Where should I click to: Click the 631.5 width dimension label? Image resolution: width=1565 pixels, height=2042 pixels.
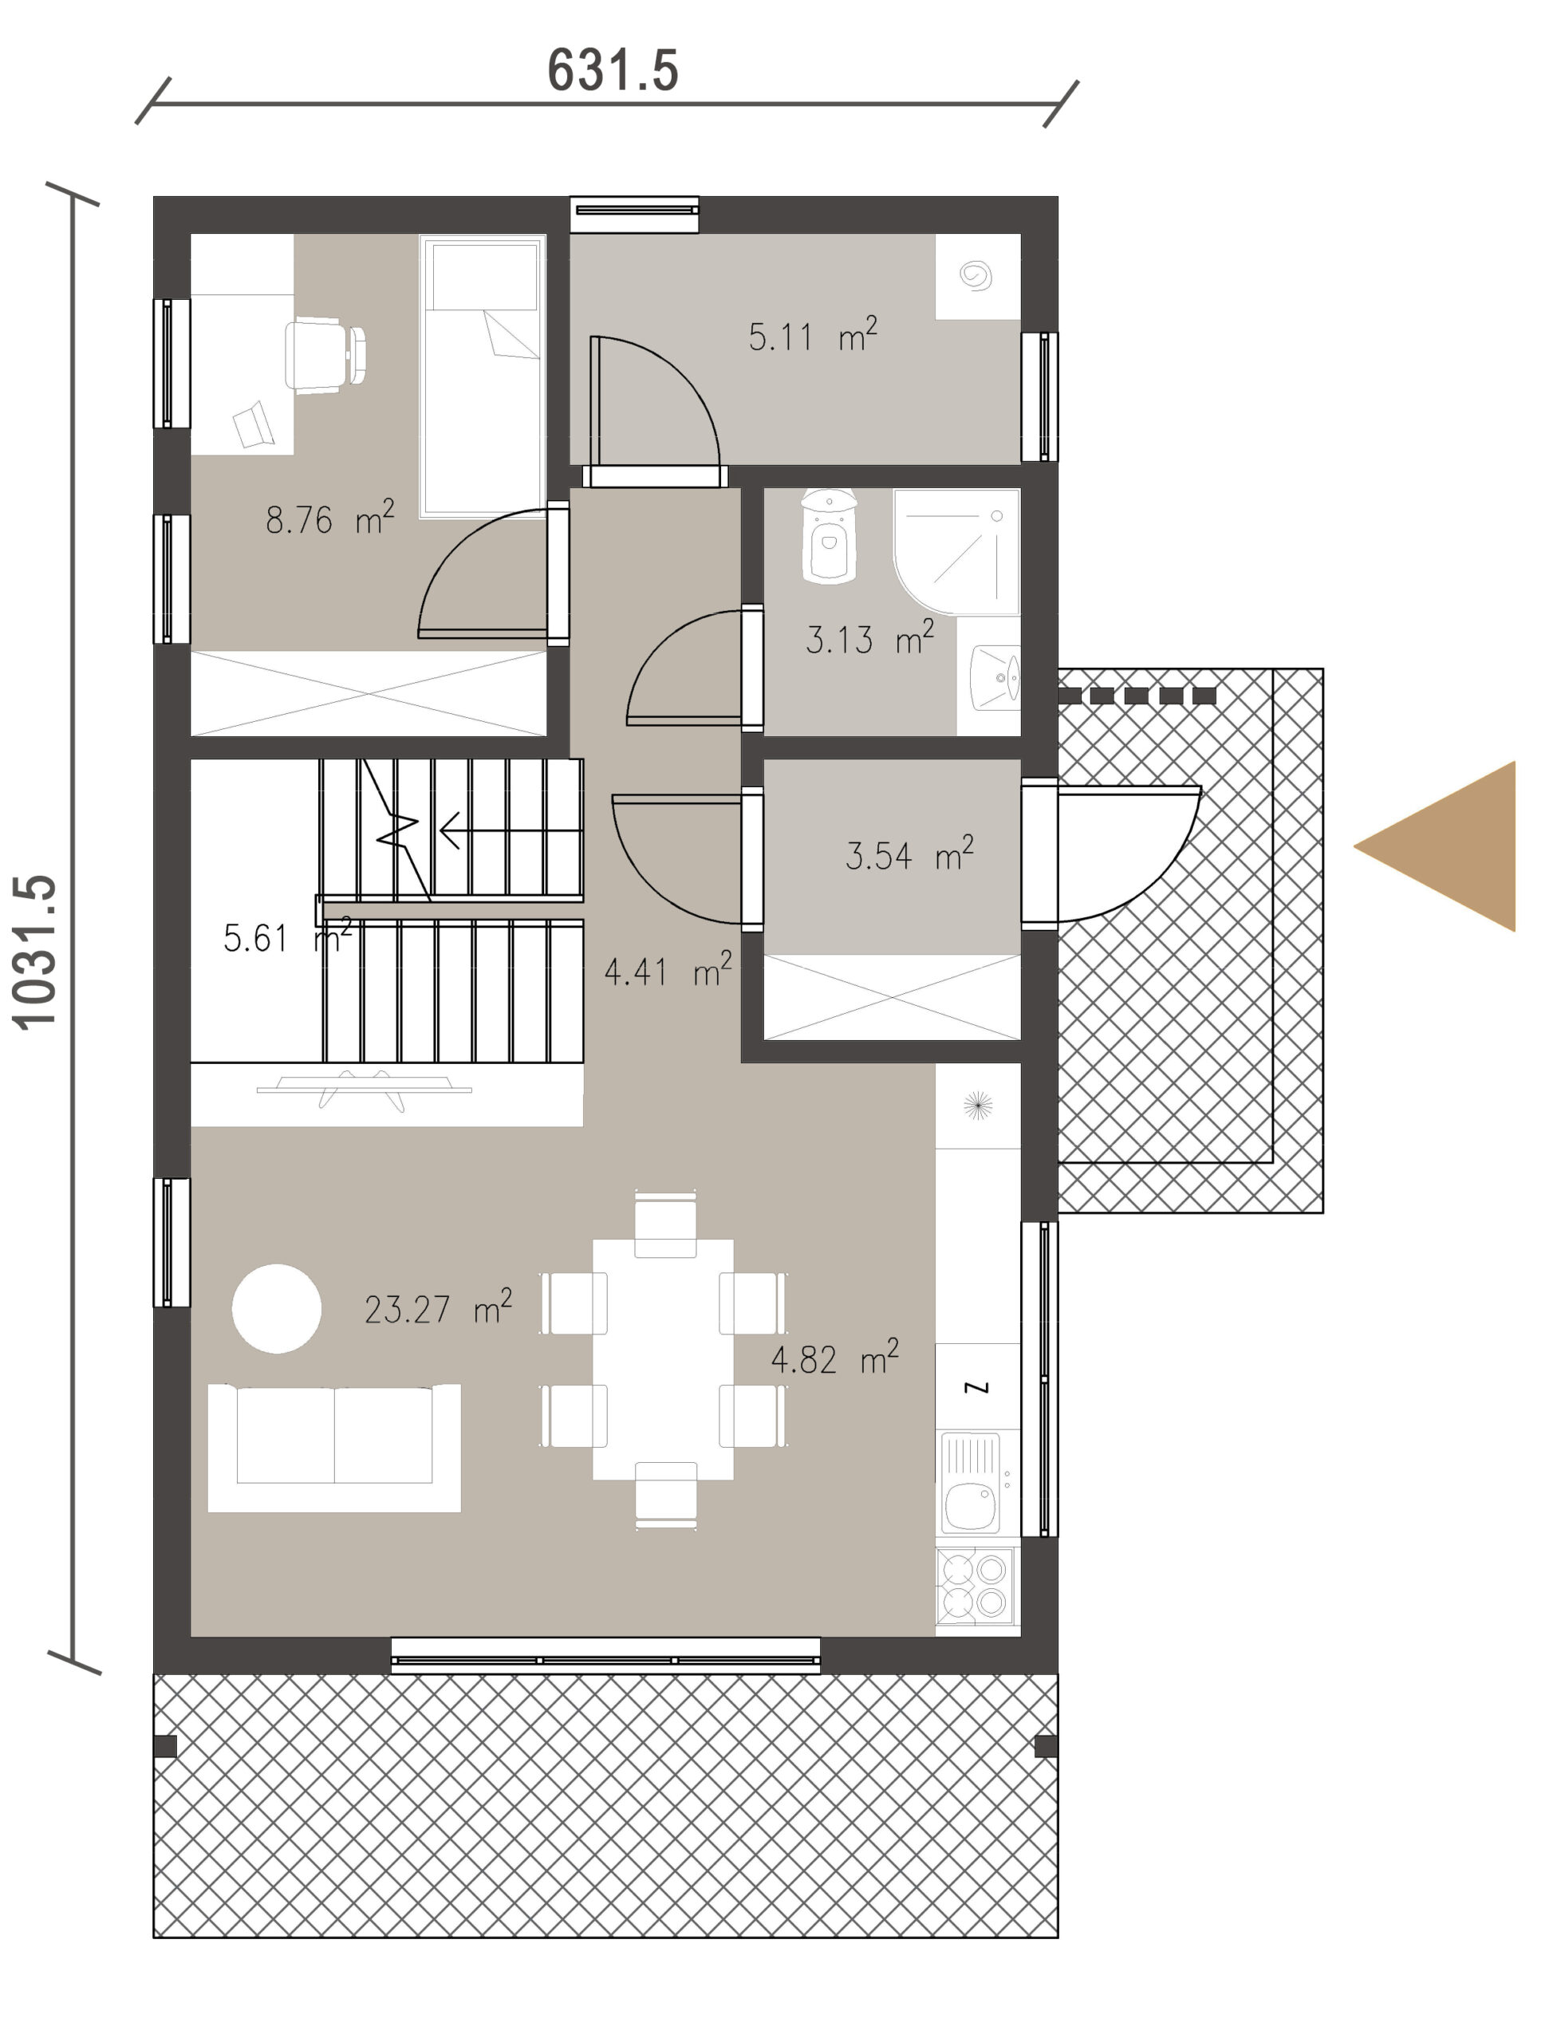pyautogui.click(x=612, y=71)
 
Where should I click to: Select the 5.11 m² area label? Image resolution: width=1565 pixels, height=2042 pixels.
pyautogui.click(x=812, y=335)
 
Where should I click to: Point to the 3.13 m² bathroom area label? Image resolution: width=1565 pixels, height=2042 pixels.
pyautogui.click(x=869, y=638)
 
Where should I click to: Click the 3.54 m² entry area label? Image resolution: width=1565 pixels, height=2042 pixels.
pyautogui.click(x=909, y=854)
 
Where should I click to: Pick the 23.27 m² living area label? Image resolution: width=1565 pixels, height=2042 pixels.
pyautogui.click(x=438, y=1308)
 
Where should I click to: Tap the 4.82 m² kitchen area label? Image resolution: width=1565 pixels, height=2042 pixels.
pyautogui.click(x=834, y=1358)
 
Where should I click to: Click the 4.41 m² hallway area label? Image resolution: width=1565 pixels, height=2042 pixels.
pyautogui.click(x=668, y=971)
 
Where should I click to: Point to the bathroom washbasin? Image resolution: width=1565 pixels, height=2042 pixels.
pyautogui.click(x=995, y=678)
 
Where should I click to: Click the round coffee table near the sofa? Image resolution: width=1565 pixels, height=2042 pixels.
pyautogui.click(x=277, y=1308)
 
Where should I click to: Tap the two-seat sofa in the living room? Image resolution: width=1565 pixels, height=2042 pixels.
pyautogui.click(x=334, y=1448)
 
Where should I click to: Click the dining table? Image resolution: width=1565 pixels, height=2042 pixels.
pyautogui.click(x=664, y=1359)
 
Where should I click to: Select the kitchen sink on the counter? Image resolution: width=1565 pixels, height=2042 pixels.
pyautogui.click(x=972, y=1484)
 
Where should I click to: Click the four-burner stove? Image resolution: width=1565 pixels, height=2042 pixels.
pyautogui.click(x=976, y=1587)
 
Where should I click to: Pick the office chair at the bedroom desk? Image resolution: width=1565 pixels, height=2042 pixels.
pyautogui.click(x=325, y=356)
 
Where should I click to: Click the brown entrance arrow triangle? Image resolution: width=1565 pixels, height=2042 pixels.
pyautogui.click(x=1434, y=846)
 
